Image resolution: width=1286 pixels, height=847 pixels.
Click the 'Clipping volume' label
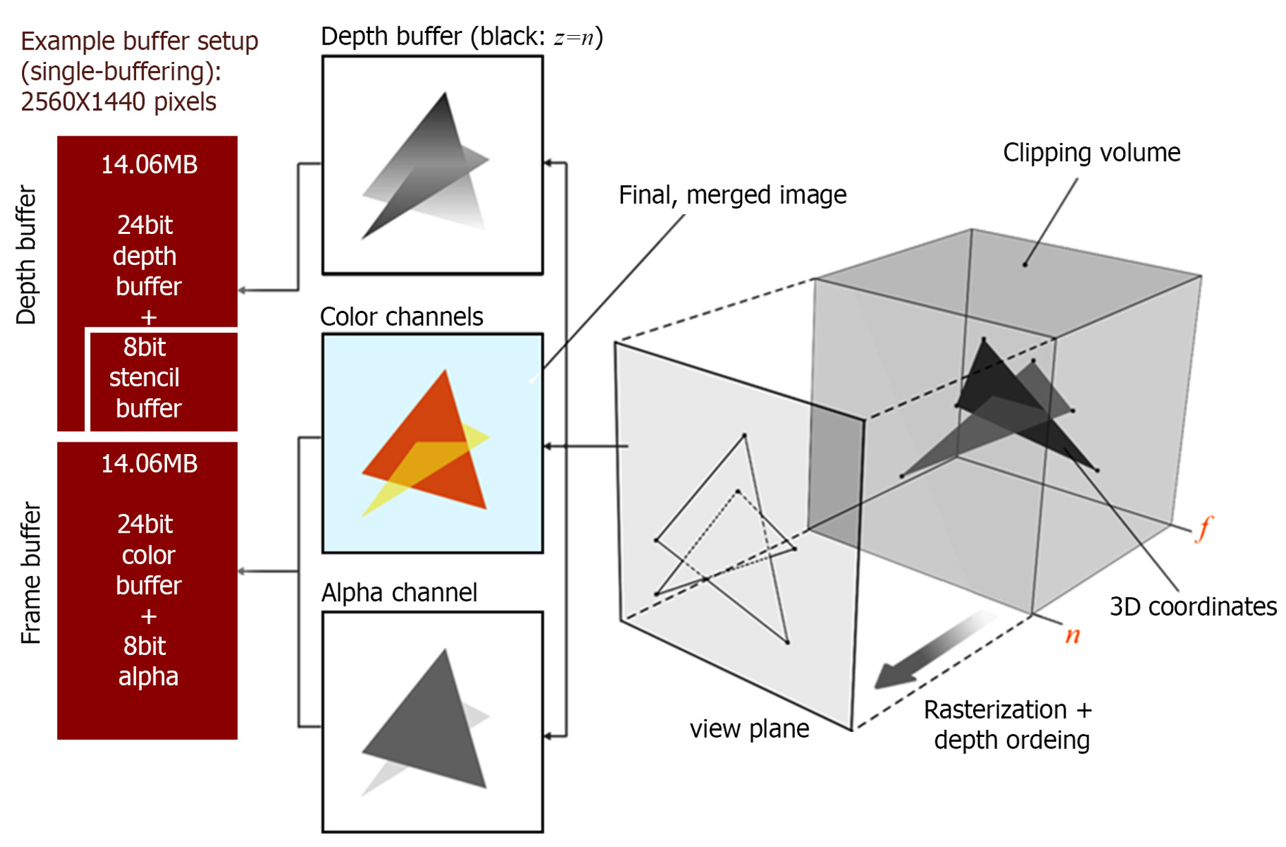click(x=1091, y=153)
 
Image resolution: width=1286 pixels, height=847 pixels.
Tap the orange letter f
click(x=1203, y=528)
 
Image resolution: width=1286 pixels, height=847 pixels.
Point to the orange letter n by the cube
click(x=1072, y=634)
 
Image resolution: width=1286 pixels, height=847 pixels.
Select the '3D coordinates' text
click(x=1192, y=607)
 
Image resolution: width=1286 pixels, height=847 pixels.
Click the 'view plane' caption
click(x=749, y=729)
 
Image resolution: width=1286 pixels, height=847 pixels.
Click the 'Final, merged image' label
click(x=732, y=195)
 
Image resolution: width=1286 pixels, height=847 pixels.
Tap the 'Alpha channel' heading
click(x=399, y=592)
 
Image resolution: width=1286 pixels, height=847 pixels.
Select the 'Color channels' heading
click(x=402, y=317)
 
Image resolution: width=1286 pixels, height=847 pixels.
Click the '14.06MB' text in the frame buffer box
click(x=149, y=464)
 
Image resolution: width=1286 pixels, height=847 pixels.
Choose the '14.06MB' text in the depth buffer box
click(x=149, y=164)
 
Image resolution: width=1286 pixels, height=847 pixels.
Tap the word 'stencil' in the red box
click(x=144, y=378)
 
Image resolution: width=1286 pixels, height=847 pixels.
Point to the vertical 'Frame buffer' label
click(x=31, y=572)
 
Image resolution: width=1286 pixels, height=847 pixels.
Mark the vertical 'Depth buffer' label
click(x=26, y=255)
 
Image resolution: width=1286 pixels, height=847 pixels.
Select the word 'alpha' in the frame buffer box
click(x=148, y=676)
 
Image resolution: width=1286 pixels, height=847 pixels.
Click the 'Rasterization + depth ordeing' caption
click(x=1009, y=725)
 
